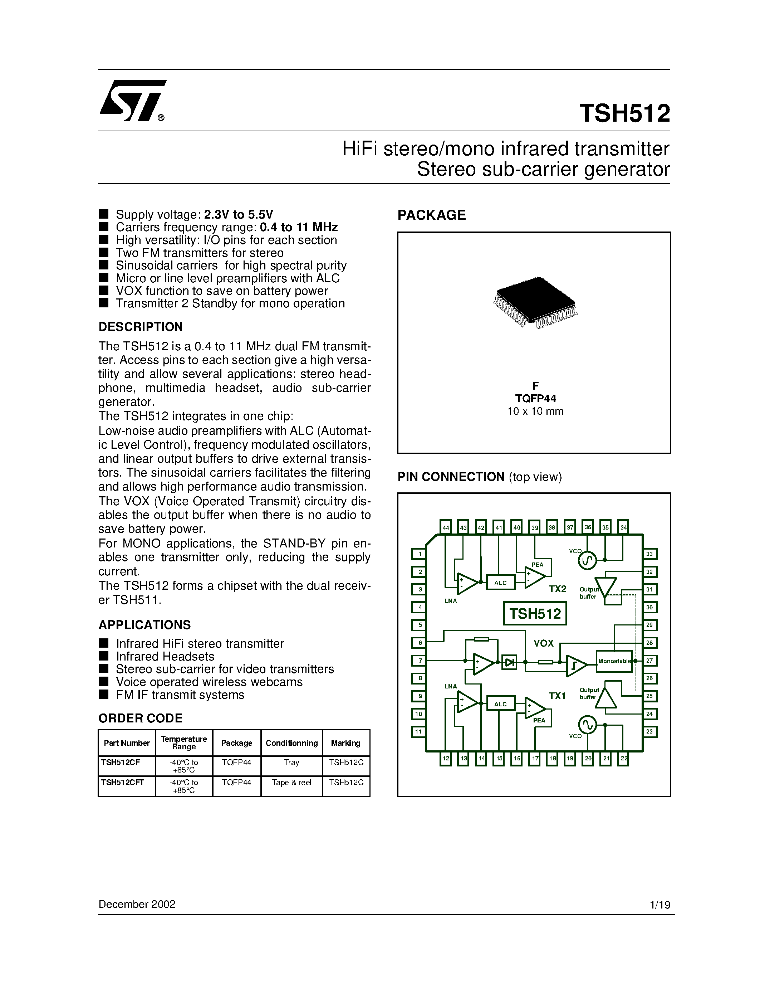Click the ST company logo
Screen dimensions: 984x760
[132, 101]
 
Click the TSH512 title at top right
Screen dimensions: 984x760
[624, 113]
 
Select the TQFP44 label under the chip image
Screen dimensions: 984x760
[535, 398]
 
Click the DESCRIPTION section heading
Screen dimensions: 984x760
[141, 327]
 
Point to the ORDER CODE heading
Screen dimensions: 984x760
[141, 718]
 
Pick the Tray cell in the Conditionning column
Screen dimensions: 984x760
[291, 762]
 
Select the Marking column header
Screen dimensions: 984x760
[345, 743]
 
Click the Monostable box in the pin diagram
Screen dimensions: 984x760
[614, 661]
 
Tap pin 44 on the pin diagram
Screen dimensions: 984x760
[445, 527]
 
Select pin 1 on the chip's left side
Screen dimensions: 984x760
[419, 554]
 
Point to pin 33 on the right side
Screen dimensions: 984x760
[649, 554]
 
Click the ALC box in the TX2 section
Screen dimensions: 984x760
[501, 583]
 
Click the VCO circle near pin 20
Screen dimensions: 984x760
[587, 725]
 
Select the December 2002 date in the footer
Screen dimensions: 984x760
[137, 904]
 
